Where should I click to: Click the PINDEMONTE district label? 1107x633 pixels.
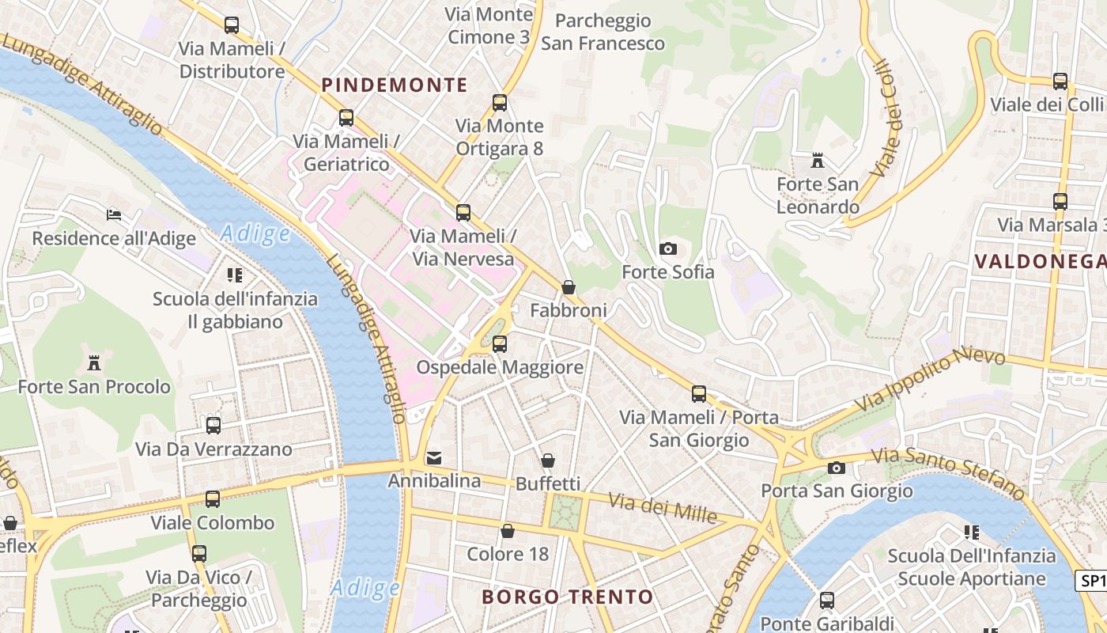[395, 85]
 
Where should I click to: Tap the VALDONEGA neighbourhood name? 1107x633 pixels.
[1040, 261]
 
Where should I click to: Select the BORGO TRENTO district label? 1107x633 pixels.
[568, 597]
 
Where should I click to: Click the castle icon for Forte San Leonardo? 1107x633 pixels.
[818, 161]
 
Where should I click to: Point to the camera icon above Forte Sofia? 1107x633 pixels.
[668, 249]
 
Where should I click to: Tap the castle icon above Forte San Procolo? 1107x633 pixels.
[94, 363]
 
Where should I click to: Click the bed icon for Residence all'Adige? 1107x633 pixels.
[114, 214]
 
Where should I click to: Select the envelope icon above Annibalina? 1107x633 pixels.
[434, 458]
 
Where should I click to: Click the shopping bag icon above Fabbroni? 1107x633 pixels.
[568, 287]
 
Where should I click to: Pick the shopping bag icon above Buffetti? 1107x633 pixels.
[547, 461]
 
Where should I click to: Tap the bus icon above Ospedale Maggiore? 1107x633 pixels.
[500, 344]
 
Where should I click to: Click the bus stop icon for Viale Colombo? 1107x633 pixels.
[213, 499]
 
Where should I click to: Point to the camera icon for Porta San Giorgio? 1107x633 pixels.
[837, 468]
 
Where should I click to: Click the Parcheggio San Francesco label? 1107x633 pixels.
[603, 32]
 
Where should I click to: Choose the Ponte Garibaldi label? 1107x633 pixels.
[827, 624]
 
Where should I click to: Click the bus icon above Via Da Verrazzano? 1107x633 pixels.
[213, 426]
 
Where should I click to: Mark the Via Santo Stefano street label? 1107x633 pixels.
[948, 469]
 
